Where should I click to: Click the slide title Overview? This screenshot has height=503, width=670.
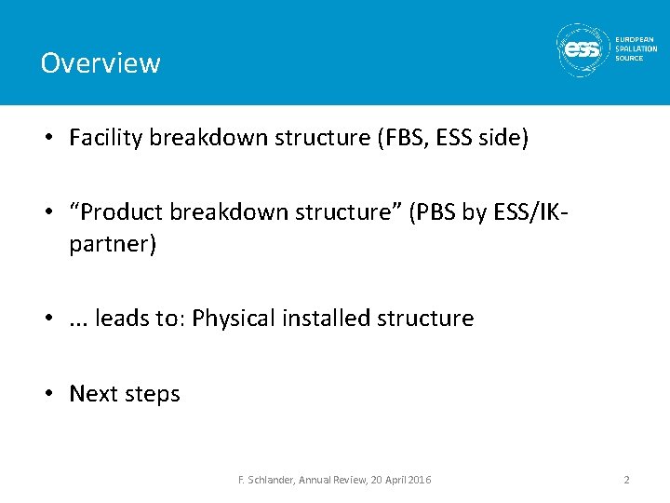(100, 63)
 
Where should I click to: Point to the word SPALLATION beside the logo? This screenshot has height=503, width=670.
(636, 49)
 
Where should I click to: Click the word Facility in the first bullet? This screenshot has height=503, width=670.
(106, 139)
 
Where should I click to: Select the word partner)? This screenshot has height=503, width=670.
(109, 243)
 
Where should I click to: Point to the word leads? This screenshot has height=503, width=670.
(124, 319)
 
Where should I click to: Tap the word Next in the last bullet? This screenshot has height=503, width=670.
(93, 394)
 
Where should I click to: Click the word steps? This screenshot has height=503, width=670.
(152, 395)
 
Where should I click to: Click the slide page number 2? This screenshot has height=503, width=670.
(626, 480)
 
